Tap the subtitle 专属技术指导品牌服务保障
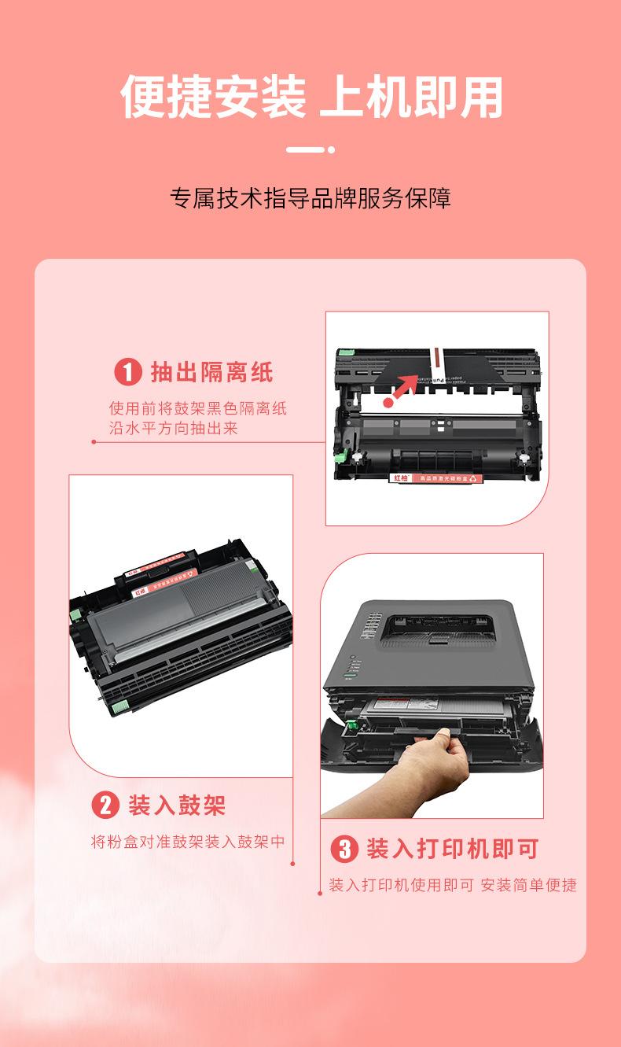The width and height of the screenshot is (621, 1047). click(310, 198)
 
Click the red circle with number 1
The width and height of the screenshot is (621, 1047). click(128, 371)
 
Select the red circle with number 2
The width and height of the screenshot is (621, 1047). click(105, 806)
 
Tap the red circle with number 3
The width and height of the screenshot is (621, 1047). click(344, 849)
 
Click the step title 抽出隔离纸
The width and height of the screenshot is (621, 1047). click(212, 372)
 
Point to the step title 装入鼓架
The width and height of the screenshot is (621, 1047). click(177, 806)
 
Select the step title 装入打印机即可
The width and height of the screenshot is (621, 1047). click(453, 849)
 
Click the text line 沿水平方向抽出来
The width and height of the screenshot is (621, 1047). click(173, 429)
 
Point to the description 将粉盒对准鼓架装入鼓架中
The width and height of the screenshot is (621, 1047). click(188, 842)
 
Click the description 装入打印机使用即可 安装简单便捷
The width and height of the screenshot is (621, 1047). click(453, 885)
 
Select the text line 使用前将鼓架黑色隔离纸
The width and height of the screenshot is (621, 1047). click(198, 409)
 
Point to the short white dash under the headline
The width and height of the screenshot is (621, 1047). click(306, 149)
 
